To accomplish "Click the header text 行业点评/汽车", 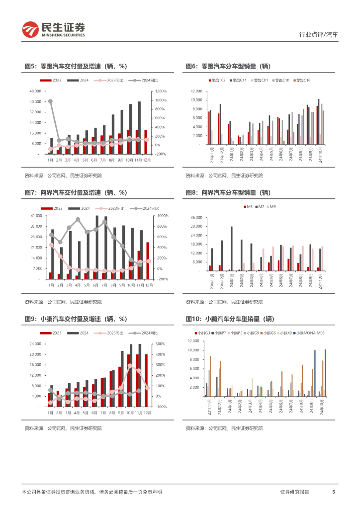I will pyautogui.click(x=318, y=35).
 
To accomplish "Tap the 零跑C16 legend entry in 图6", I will pyautogui.click(x=301, y=80).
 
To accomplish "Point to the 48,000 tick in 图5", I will pyautogui.click(x=35, y=91).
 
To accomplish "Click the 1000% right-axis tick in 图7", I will pyautogui.click(x=164, y=216).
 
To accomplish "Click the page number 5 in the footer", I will pyautogui.click(x=333, y=492).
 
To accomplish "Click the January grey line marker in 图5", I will pyautogui.click(x=50, y=101).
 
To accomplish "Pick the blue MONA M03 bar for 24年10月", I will pyautogui.click(x=325, y=373).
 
